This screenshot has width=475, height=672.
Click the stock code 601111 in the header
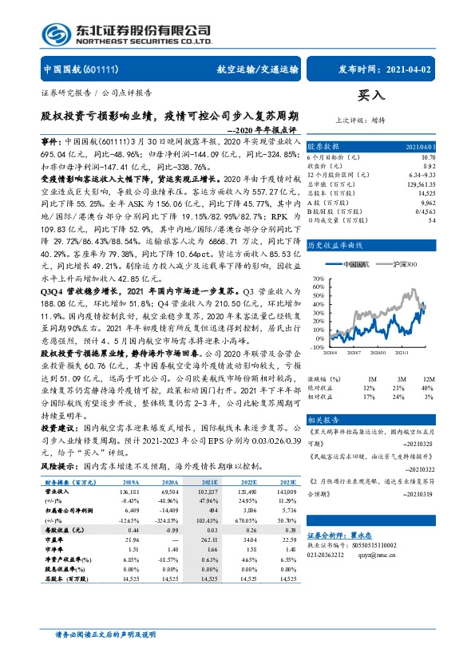click(101, 69)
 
